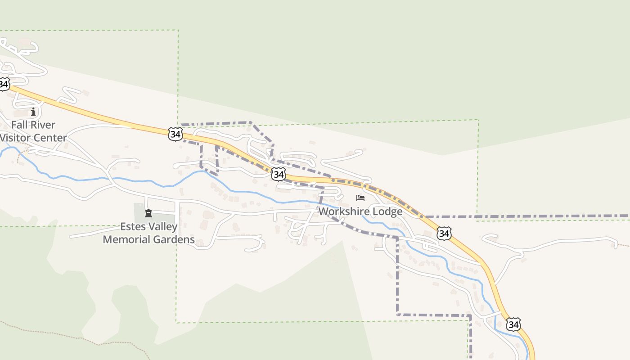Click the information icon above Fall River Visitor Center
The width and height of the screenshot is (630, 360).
tap(33, 112)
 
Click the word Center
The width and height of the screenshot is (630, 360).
tap(50, 138)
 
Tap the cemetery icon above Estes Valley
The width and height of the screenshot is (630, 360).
tap(148, 213)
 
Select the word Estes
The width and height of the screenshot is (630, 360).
tap(133, 226)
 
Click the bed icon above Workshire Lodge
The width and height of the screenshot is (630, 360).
tap(360, 198)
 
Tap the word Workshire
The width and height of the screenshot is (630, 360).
tap(345, 211)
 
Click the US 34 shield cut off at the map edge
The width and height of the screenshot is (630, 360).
tap(4, 84)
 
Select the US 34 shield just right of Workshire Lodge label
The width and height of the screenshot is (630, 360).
tap(444, 233)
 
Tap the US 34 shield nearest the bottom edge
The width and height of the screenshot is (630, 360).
tap(513, 324)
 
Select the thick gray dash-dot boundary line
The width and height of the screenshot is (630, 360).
tap(540, 216)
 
